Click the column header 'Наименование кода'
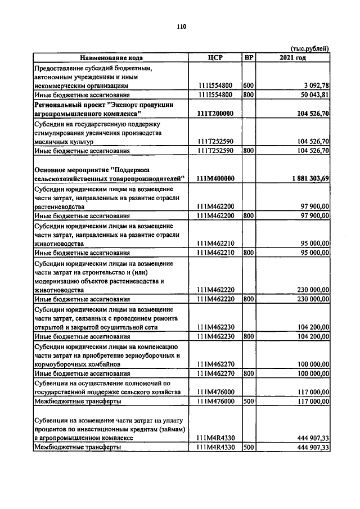click(x=111, y=57)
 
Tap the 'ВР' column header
click(x=249, y=57)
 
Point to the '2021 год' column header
click(x=292, y=57)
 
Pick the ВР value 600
click(x=249, y=85)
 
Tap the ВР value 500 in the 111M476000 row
click(x=249, y=402)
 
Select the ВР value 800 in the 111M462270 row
click(x=249, y=373)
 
